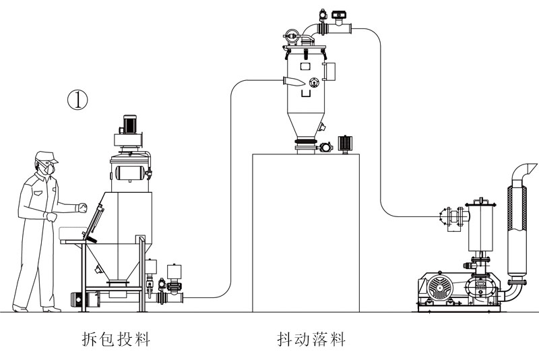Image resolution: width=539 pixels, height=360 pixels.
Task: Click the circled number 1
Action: (x=78, y=100)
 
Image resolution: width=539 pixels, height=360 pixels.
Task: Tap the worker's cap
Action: (x=46, y=156)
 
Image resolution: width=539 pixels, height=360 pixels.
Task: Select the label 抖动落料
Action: (x=311, y=338)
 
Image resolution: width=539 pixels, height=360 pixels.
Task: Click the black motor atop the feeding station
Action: (x=129, y=125)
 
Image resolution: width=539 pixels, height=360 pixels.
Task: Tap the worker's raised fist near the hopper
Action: (x=82, y=208)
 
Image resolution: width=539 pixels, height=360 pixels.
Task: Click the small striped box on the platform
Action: (x=345, y=144)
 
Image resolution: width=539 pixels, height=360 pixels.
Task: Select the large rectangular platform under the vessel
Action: (x=305, y=233)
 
